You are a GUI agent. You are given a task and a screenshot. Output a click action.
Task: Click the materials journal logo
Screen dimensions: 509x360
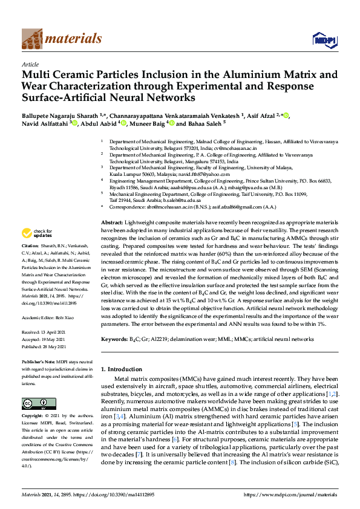61,39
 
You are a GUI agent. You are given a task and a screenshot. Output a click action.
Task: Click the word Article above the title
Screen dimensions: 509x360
30,64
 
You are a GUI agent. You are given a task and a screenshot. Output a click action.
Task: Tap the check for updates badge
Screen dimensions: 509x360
37,232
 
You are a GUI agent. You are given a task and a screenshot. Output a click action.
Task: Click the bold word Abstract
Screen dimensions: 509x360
111,206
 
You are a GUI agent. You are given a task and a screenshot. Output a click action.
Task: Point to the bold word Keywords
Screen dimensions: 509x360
114,340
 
